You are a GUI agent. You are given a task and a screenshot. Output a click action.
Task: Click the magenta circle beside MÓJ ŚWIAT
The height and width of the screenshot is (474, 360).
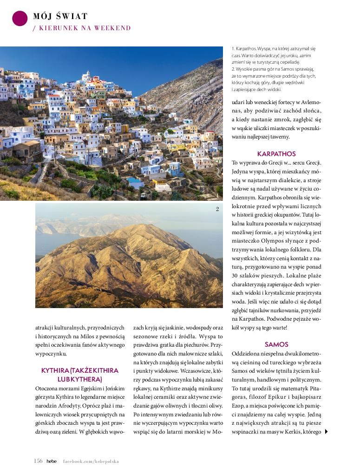[20, 18]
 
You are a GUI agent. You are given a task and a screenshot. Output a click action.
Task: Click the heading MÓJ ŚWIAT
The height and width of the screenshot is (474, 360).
[60, 16]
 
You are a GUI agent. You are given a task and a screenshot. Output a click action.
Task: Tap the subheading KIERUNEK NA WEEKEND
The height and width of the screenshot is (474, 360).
[82, 28]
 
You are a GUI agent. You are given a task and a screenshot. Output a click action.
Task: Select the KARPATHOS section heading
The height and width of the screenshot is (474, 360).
[276, 154]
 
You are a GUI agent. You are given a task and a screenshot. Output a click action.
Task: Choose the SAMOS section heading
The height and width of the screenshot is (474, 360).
[276, 344]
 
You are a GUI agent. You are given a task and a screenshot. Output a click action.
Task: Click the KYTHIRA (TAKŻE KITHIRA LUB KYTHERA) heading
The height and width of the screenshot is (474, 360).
[80, 375]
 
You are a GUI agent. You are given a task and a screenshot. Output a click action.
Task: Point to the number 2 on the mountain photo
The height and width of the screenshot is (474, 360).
[217, 209]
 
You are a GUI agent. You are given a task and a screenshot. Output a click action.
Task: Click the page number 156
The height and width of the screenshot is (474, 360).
[38, 461]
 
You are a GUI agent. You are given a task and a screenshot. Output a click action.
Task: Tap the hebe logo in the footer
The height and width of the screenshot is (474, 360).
[51, 461]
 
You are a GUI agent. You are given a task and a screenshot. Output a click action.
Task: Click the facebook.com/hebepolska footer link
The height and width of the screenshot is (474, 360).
[91, 461]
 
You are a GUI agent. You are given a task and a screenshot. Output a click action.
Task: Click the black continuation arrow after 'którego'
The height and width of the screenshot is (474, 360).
[326, 432]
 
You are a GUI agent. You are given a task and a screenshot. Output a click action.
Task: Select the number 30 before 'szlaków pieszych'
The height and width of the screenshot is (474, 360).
[236, 276]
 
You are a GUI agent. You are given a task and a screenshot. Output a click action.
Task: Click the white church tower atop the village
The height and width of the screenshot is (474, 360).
[86, 75]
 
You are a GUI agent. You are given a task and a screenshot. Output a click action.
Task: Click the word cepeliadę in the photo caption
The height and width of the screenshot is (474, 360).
[288, 62]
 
